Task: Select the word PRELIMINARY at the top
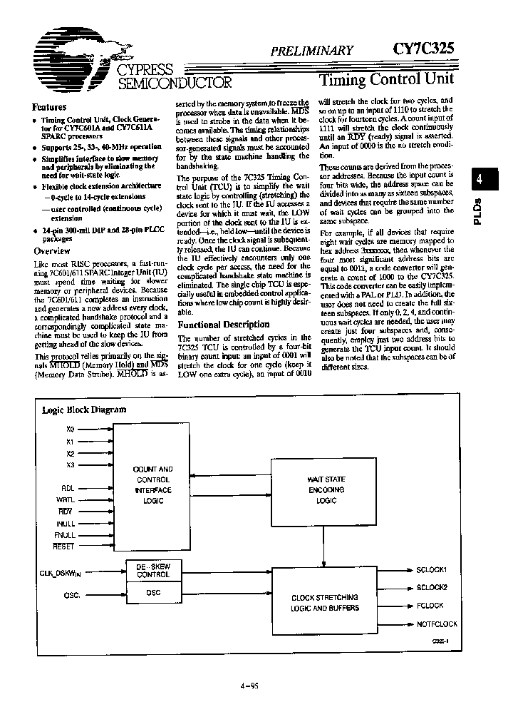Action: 311,50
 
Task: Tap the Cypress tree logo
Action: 68,57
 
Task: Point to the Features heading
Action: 49,107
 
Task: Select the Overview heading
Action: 52,251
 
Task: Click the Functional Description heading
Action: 223,324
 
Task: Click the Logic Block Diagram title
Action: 84,410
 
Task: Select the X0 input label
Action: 69,429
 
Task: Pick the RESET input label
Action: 64,546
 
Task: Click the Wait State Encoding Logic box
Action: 326,491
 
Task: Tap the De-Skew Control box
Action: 153,570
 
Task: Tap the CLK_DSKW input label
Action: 60,573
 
